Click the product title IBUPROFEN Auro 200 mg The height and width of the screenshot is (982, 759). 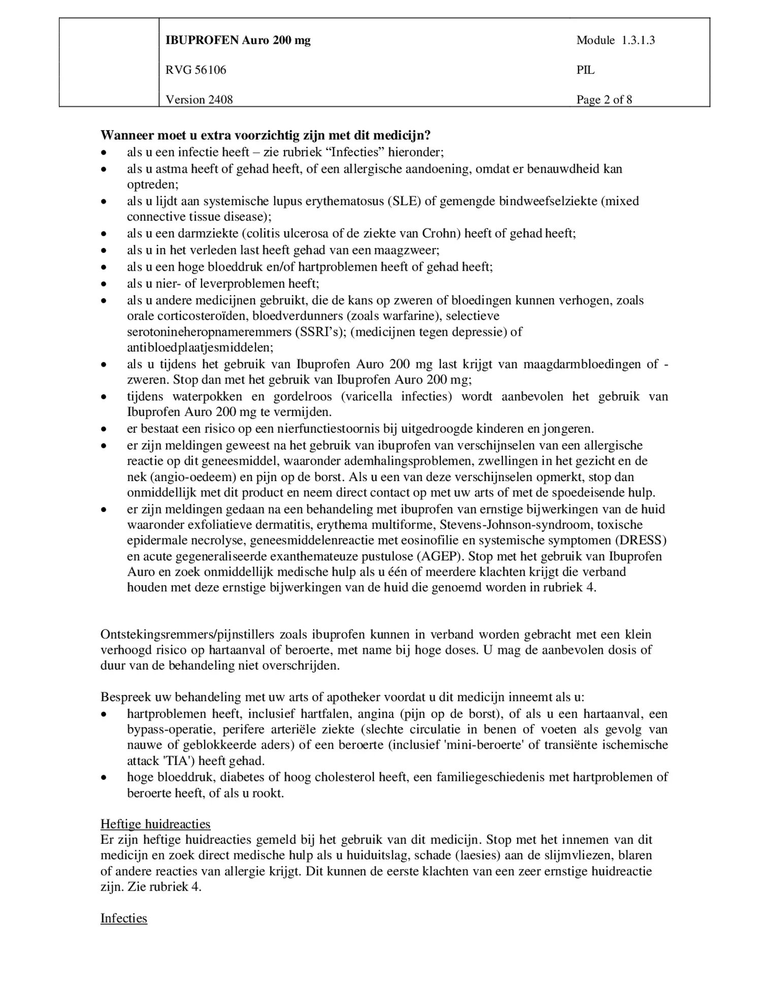pos(238,40)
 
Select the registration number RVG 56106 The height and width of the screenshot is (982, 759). pos(196,70)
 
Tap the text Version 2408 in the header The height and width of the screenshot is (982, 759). pos(199,99)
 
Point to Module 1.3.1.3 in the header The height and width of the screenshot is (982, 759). pos(615,40)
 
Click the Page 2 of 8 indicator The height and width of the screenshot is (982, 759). pos(604,99)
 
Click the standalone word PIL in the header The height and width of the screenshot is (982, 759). pos(585,70)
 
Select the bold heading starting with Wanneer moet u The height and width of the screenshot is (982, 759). pos(265,135)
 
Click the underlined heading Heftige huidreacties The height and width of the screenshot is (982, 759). pos(155,823)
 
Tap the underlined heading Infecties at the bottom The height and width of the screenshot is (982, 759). pos(123,918)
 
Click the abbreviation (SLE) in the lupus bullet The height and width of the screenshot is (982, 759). pos(404,201)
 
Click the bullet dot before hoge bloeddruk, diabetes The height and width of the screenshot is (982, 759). pos(104,777)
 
